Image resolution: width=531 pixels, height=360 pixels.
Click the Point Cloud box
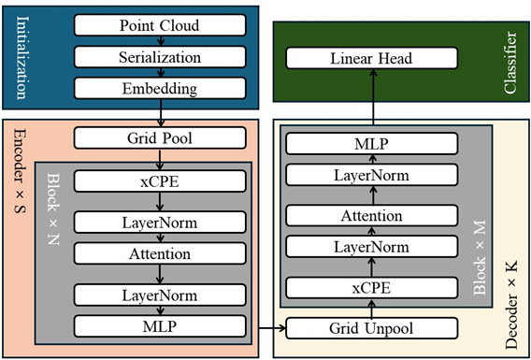coord(160,25)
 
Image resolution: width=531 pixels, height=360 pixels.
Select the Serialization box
coord(160,57)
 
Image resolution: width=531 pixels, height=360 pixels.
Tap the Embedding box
coord(160,88)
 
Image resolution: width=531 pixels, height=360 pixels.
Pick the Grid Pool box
coord(160,137)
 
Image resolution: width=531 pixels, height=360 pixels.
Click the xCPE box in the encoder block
coord(160,181)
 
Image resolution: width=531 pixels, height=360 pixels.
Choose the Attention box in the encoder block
coord(160,253)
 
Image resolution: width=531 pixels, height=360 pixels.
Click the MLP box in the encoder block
coord(160,326)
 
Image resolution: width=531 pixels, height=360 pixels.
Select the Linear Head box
coord(372,58)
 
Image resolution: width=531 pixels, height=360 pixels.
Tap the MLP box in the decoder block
coord(372,144)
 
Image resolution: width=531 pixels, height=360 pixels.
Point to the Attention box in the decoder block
coord(372,215)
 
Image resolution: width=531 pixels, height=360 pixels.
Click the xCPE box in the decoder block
coord(372,288)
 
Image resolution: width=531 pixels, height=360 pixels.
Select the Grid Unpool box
coord(372,328)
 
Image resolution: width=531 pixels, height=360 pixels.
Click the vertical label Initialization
coord(21,57)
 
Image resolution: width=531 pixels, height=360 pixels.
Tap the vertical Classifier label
coord(510,63)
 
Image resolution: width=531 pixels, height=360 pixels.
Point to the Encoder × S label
coord(21,172)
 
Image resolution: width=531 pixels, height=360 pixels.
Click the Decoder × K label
coord(511,304)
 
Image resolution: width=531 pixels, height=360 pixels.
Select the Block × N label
coord(53,209)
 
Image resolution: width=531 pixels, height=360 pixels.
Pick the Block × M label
coord(479,257)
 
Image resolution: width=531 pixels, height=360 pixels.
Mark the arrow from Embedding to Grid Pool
coord(161,113)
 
